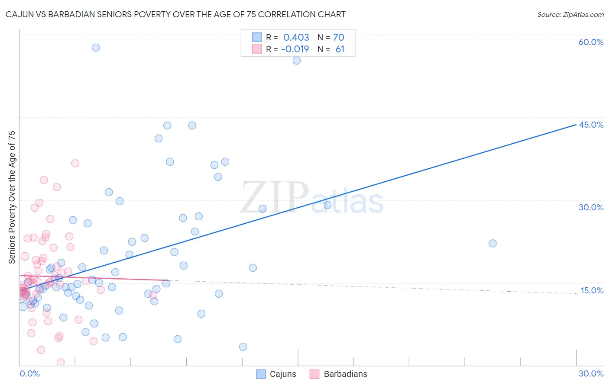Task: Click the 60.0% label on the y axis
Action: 591,42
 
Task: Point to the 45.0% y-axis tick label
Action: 591,125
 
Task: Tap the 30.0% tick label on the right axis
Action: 591,207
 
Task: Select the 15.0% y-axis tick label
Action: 592,290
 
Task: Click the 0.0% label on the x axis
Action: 29,373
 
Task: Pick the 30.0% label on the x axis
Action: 591,373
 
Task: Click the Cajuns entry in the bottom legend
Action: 282,374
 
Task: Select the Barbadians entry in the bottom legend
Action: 345,374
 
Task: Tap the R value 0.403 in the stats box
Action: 296,37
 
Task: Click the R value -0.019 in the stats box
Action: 295,49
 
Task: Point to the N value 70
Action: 338,37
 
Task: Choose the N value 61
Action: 340,49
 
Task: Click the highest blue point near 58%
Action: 96,48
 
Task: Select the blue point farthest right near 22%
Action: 492,243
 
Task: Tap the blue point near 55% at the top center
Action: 297,61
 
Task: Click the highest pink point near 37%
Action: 75,163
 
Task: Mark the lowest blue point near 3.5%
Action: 243,347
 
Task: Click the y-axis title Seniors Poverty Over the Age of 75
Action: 12,197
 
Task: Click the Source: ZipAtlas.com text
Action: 570,15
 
